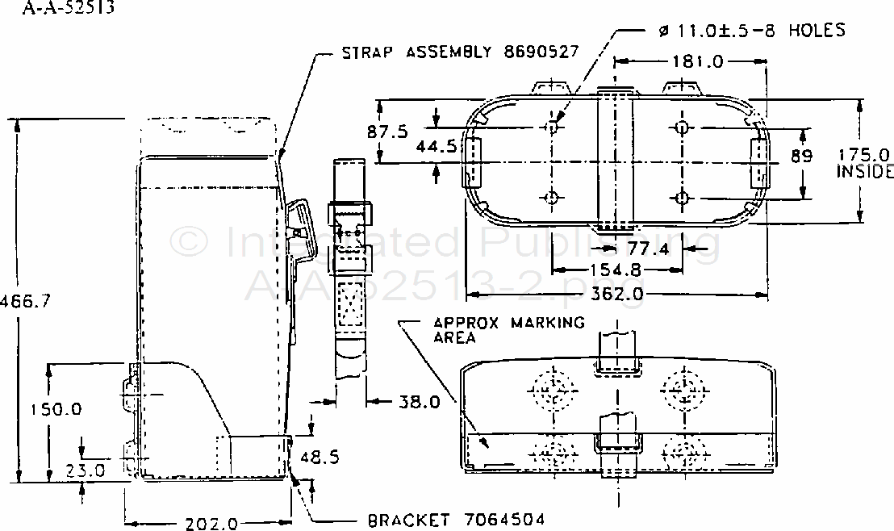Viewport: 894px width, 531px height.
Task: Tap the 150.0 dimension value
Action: click(58, 409)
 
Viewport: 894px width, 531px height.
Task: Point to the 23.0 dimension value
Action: click(86, 470)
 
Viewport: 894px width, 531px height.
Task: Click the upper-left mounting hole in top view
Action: click(553, 128)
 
